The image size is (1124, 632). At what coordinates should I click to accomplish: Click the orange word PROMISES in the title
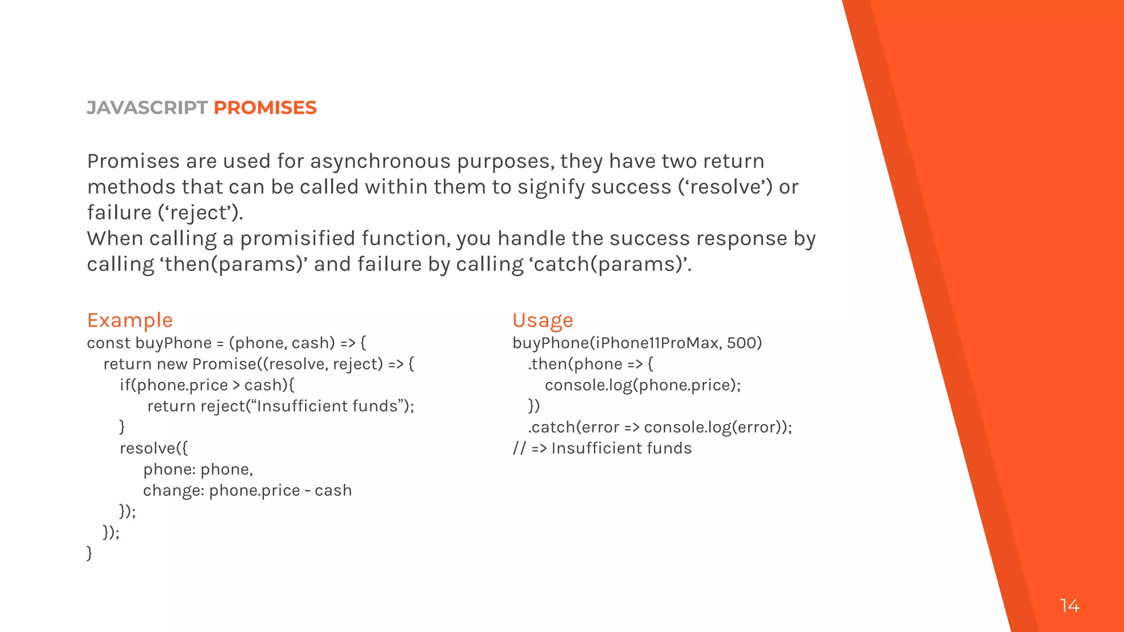[x=265, y=108]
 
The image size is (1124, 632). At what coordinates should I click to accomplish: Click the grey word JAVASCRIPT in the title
[x=147, y=108]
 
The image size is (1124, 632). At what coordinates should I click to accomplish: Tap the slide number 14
[x=1070, y=606]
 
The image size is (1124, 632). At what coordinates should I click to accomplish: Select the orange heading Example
[x=130, y=320]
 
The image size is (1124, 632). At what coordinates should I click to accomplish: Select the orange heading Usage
[x=542, y=320]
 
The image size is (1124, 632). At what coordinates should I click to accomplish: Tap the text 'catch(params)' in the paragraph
[x=609, y=264]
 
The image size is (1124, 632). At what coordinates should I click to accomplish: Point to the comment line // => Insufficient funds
[x=602, y=448]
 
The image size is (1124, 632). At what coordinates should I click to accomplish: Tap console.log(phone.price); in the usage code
[x=642, y=385]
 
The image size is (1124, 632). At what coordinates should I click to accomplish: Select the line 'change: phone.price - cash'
[x=247, y=490]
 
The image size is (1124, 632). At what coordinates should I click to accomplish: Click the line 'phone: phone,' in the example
[x=198, y=469]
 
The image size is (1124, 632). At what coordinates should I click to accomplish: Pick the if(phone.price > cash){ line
[x=206, y=385]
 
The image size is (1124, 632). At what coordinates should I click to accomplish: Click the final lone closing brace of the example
[x=89, y=552]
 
